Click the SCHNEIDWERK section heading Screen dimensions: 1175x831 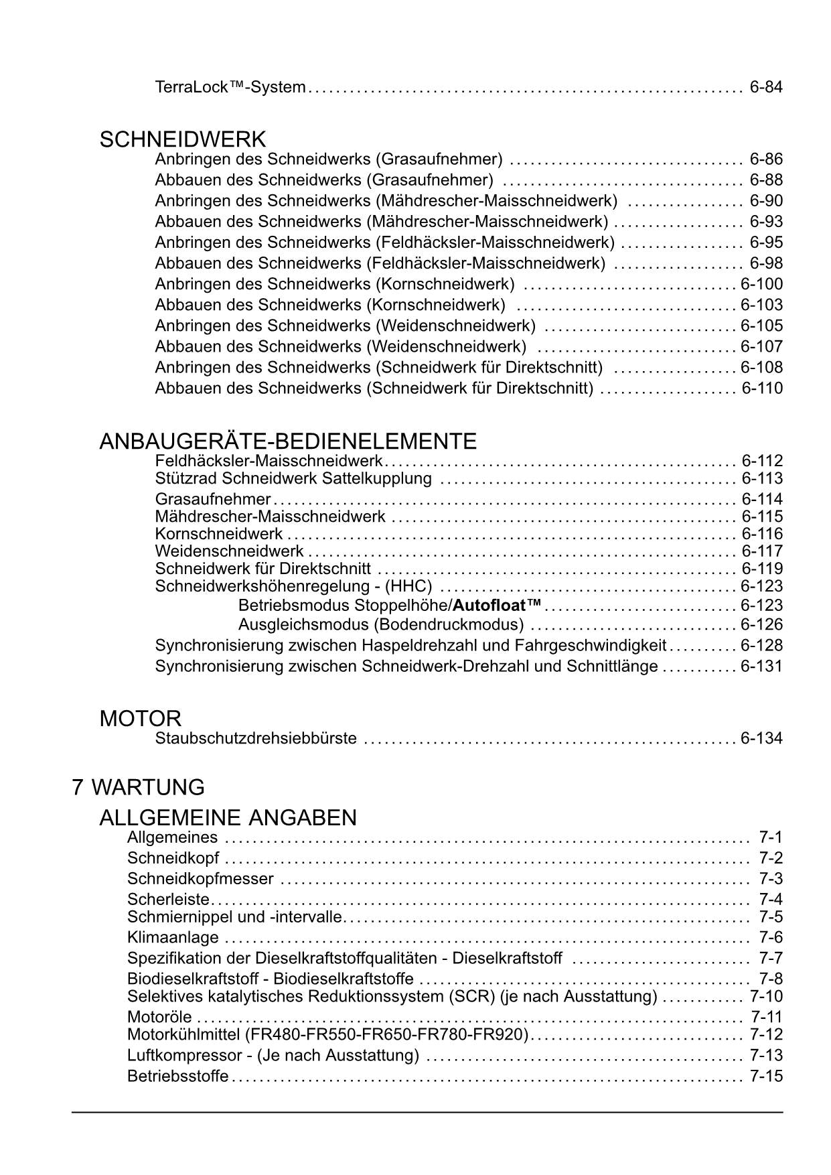[x=183, y=140]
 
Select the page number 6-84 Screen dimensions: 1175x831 [x=766, y=87]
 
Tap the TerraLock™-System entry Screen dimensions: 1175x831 [x=230, y=87]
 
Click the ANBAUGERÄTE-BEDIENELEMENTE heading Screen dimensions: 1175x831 [x=288, y=441]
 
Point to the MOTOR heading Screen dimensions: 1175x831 [x=141, y=719]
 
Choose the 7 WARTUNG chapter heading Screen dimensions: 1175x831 [x=139, y=787]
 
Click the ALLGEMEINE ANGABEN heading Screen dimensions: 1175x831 [x=228, y=818]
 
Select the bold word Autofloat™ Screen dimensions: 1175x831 [x=497, y=606]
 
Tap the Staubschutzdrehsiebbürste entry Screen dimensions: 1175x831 [x=256, y=739]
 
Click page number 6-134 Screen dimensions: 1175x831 [x=761, y=739]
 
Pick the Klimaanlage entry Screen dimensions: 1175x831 [x=173, y=937]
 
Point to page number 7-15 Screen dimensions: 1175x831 [x=766, y=1077]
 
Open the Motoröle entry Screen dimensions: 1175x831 [x=159, y=1017]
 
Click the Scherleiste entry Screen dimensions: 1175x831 [x=168, y=900]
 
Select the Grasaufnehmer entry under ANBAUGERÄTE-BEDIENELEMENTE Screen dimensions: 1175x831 [x=213, y=499]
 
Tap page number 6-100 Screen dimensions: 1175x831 [x=761, y=284]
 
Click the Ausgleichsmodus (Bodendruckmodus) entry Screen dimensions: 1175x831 [x=381, y=625]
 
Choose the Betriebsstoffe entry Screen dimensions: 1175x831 [x=177, y=1077]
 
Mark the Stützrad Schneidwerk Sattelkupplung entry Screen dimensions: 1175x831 [x=293, y=478]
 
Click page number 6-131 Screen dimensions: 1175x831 [x=761, y=667]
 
